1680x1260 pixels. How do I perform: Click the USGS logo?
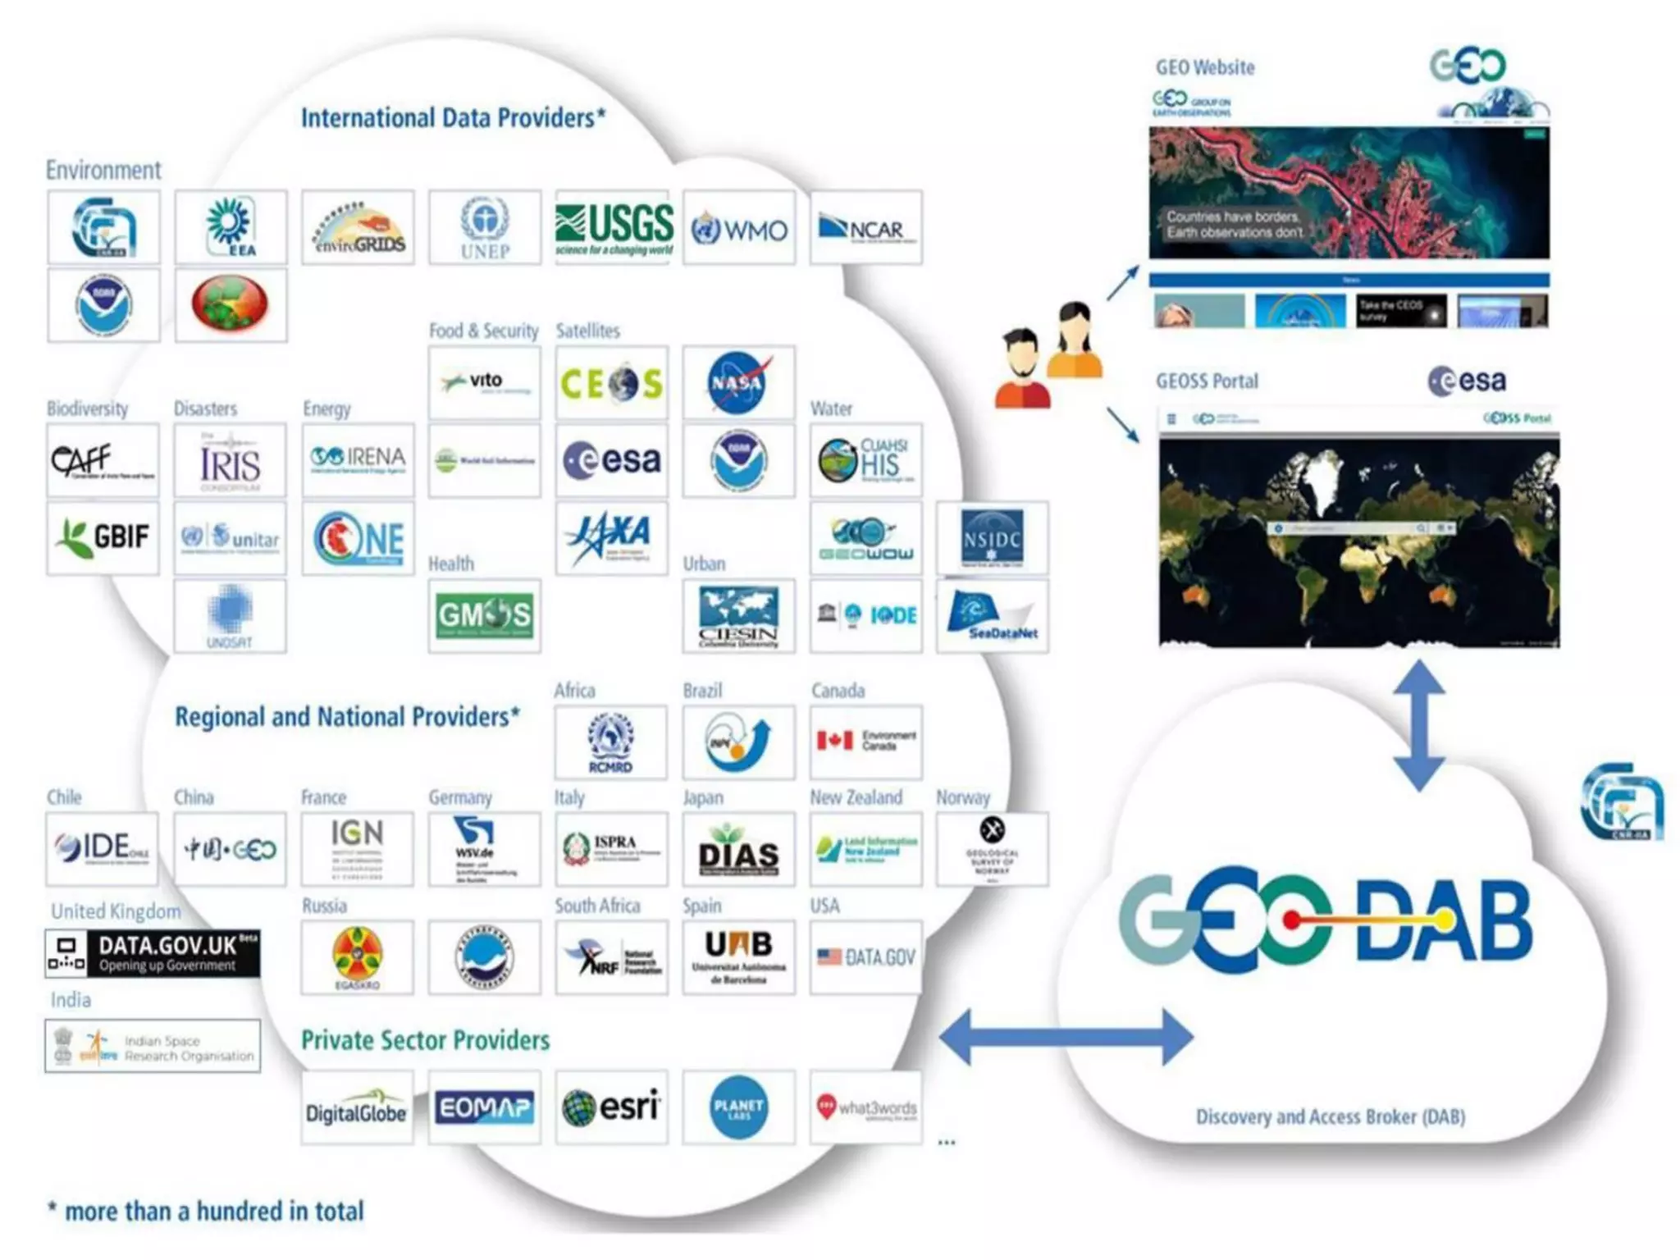click(613, 227)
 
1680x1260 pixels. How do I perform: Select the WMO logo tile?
click(739, 229)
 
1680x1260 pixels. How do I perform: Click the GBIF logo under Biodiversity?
click(103, 538)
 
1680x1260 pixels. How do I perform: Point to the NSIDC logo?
click(992, 538)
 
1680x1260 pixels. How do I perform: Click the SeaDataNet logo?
click(992, 616)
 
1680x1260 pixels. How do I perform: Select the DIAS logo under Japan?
click(738, 851)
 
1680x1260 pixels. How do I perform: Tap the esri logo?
click(611, 1107)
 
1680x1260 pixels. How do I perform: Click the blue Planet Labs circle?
click(738, 1107)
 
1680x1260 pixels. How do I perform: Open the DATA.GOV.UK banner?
click(153, 953)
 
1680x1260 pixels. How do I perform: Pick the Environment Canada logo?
click(865, 742)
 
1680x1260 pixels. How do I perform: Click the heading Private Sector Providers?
click(425, 1040)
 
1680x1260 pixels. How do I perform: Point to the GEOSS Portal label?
click(1207, 381)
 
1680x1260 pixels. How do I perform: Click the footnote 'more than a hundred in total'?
click(213, 1211)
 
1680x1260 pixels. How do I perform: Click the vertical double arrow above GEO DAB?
click(1419, 726)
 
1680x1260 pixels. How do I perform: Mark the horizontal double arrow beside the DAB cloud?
click(1066, 1037)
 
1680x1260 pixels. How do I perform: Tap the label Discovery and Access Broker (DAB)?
click(1330, 1116)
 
